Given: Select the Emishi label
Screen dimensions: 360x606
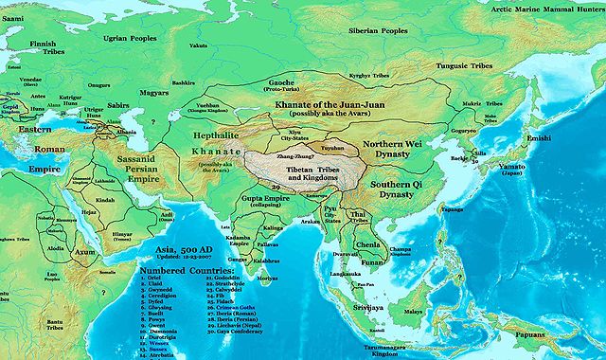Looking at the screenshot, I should pos(566,138).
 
